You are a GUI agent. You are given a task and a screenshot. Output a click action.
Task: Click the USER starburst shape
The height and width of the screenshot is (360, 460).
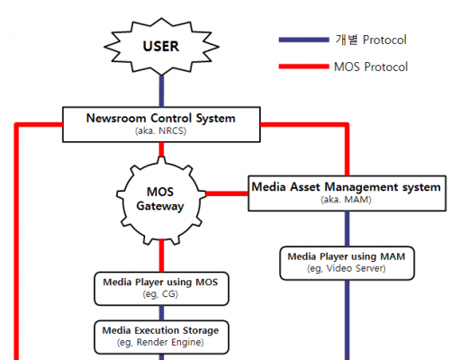[x=161, y=47]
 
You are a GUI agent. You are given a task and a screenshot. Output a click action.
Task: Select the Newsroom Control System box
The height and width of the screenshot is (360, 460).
[x=161, y=124]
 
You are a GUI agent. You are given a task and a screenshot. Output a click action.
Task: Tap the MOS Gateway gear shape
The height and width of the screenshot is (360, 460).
[x=161, y=200]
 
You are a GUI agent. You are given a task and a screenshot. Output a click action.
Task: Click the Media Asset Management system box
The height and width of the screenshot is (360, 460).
[x=347, y=193]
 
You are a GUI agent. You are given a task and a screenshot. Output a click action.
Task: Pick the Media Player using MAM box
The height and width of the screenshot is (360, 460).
[x=347, y=263]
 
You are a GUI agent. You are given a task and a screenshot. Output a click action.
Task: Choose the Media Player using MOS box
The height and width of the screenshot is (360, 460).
[x=161, y=289]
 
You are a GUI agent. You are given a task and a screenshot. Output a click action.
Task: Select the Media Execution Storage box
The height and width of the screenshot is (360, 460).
[x=161, y=337]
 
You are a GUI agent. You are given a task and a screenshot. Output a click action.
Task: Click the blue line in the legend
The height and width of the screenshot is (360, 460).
[x=304, y=40]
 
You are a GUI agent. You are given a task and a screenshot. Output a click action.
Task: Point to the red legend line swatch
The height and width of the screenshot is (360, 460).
[x=304, y=67]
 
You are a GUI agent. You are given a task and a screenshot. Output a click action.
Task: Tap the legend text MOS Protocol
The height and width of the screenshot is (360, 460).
[x=371, y=67]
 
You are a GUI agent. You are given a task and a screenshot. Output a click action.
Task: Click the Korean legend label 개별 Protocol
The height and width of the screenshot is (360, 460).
[x=371, y=40]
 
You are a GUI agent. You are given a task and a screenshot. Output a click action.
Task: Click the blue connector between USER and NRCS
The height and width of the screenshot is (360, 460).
[x=161, y=91]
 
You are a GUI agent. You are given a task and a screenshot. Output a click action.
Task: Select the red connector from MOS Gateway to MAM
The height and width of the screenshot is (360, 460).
[x=227, y=193]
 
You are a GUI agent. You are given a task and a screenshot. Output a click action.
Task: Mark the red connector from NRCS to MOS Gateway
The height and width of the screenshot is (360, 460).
[x=161, y=149]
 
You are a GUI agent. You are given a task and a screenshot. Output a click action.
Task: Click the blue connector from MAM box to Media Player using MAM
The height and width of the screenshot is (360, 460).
[x=347, y=229]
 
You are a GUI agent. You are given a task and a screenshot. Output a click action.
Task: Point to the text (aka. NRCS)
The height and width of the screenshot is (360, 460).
[x=161, y=131]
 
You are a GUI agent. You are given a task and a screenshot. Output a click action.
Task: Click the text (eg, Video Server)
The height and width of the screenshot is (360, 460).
[x=347, y=268]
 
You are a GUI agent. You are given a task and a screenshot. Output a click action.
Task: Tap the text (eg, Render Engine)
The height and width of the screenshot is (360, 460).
[x=160, y=342]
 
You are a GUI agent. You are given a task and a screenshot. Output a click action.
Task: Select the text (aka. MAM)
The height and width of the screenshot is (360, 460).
[x=347, y=200]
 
